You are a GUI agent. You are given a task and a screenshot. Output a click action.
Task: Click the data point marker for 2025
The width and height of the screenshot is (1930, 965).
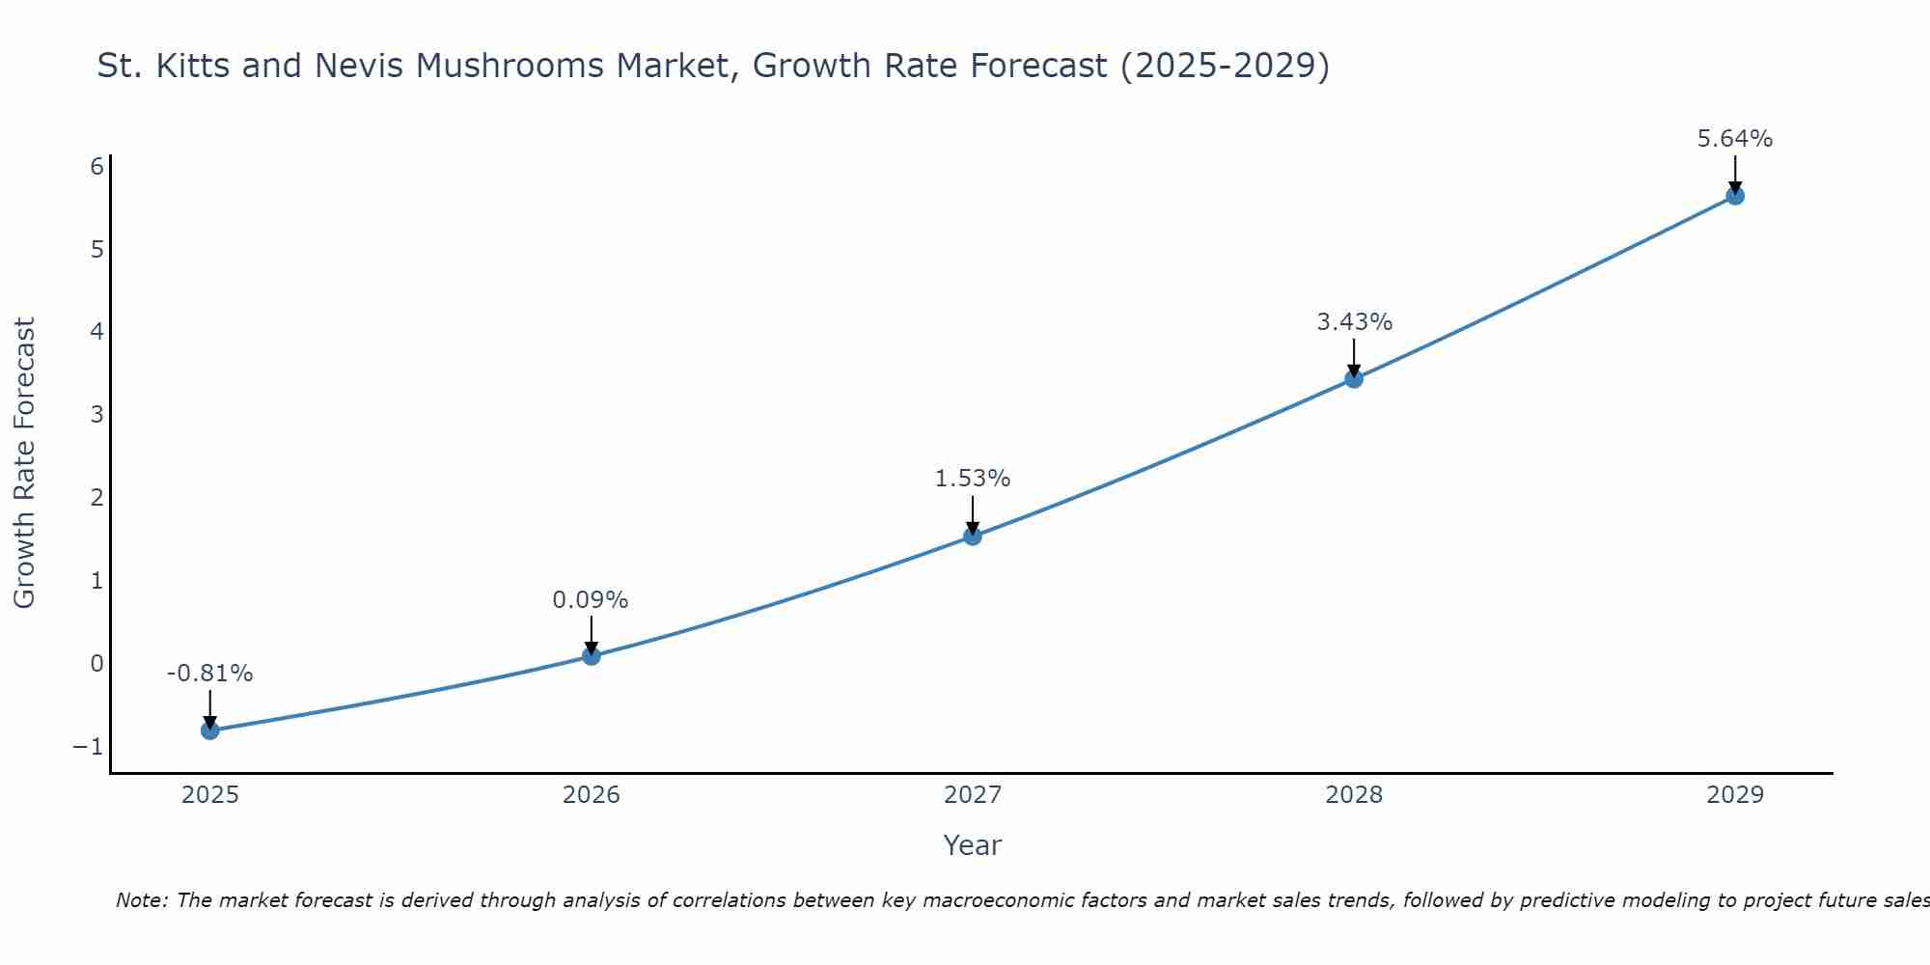(210, 730)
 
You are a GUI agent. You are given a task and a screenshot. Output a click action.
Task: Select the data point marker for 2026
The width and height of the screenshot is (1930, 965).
(592, 656)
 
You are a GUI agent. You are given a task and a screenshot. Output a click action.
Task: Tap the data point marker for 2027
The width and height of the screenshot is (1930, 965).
(973, 536)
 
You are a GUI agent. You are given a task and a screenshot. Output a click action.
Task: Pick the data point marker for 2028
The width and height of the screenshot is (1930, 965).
(1354, 378)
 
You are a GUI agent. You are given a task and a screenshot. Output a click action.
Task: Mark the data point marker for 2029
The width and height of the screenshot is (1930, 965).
(1735, 196)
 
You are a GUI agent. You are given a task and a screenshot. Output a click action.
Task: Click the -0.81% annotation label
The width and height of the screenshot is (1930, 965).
(210, 674)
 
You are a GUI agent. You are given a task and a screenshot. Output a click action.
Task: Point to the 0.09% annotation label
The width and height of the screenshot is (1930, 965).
(591, 600)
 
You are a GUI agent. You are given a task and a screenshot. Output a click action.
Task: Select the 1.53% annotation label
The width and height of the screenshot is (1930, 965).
(973, 479)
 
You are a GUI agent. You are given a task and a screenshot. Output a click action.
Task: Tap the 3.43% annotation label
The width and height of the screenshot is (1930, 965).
(1355, 322)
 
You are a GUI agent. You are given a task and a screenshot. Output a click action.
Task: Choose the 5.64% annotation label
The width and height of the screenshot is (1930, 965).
(1735, 139)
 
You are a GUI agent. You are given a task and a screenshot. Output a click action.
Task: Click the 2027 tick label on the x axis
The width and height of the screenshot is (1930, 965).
(973, 795)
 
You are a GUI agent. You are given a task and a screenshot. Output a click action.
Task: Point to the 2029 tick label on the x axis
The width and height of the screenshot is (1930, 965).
(1735, 795)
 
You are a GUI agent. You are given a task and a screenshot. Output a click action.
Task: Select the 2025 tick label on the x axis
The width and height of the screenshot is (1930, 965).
(210, 795)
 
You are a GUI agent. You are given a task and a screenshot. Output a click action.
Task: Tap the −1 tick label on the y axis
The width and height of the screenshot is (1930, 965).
(88, 747)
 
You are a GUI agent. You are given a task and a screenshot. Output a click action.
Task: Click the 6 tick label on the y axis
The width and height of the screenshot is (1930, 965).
(96, 167)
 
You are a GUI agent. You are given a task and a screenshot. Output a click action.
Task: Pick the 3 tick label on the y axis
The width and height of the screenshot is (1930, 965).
(96, 415)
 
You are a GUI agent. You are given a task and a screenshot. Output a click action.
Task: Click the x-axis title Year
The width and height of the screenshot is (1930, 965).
(973, 845)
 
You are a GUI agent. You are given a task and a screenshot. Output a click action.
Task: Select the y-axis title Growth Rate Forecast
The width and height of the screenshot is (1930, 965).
(25, 463)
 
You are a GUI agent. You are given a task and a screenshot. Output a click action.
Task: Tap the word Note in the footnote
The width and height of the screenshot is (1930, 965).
(141, 900)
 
